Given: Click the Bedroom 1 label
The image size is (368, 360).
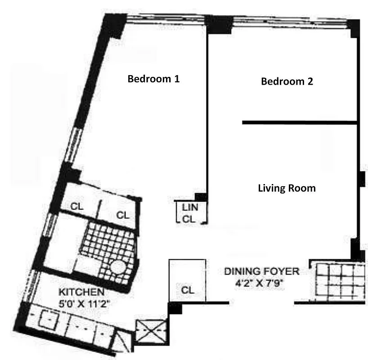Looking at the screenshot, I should [x=154, y=79].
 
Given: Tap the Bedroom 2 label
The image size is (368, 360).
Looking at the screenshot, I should [x=287, y=81].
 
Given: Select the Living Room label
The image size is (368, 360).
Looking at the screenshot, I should [x=287, y=188].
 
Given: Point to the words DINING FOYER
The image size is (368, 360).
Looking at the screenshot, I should [x=261, y=271].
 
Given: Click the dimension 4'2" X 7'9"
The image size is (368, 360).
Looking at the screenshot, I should [x=261, y=283].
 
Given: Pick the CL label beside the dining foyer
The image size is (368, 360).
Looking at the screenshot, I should [x=188, y=290].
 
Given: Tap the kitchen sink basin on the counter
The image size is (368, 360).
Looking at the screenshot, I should [x=45, y=320].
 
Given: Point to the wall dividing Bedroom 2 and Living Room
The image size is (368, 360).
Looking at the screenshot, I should [x=299, y=122].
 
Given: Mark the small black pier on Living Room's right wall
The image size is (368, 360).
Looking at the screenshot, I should [x=361, y=179].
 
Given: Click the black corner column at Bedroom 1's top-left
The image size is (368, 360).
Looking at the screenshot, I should [x=113, y=26].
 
